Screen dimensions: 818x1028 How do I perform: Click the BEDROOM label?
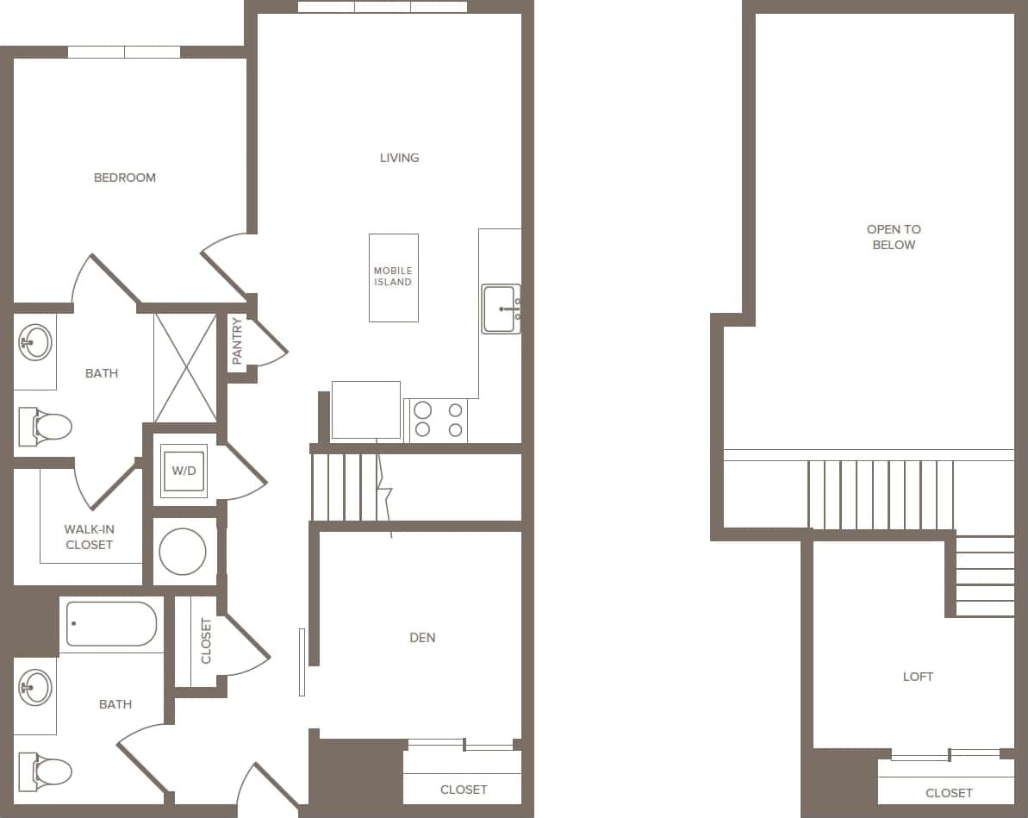125,178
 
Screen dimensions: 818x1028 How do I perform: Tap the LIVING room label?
400,158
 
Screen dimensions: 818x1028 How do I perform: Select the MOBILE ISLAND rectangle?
393,278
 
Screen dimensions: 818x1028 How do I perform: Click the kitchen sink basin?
500,309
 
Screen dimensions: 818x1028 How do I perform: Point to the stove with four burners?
439,420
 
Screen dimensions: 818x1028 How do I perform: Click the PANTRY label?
238,340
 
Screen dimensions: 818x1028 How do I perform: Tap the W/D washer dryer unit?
184,471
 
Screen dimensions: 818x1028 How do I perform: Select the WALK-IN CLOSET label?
90,537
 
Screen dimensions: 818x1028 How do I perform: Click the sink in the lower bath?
35,688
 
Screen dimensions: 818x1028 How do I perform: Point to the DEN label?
422,638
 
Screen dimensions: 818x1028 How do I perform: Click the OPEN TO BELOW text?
894,237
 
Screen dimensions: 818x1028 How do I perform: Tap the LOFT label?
918,677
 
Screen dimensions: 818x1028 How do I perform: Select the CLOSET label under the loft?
949,793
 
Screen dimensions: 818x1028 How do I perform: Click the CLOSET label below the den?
464,790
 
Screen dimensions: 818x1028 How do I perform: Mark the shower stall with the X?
184,367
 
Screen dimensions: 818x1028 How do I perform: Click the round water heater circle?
183,552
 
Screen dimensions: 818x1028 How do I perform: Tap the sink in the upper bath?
35,342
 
